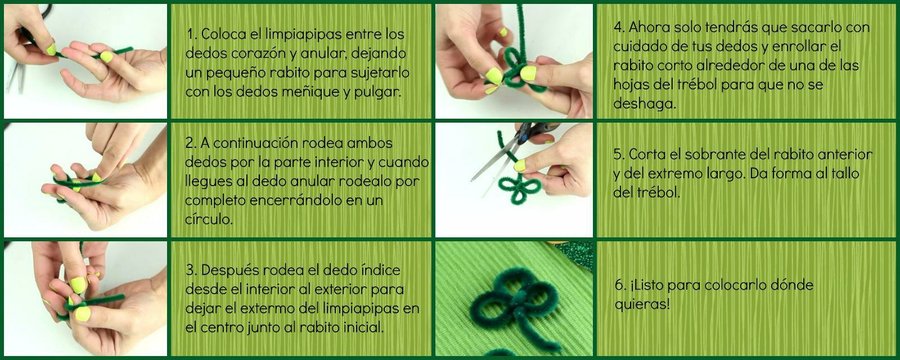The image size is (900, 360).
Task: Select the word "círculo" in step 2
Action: point(209,219)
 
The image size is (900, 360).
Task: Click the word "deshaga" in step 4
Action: point(644,105)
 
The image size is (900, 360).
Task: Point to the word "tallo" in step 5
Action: point(846,173)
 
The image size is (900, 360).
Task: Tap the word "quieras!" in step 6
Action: point(641,304)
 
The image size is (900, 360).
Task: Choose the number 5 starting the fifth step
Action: point(617,155)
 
